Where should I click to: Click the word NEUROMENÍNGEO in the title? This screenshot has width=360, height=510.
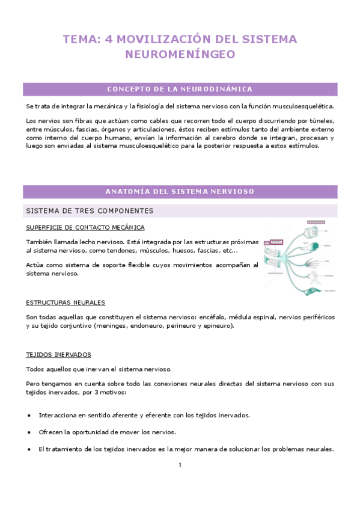(180, 55)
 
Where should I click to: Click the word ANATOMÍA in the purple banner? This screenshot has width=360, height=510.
(126, 191)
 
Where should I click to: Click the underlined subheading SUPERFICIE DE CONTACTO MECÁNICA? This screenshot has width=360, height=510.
(85, 227)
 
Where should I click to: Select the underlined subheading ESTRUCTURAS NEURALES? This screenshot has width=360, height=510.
(66, 303)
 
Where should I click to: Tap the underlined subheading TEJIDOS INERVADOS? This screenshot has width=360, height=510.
(58, 355)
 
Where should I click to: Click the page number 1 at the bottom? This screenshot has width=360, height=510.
(180, 465)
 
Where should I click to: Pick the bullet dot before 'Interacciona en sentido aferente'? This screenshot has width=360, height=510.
(30, 416)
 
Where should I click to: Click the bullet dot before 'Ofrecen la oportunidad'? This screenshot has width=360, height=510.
(30, 432)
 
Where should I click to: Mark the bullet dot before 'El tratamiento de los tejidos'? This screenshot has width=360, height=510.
(30, 449)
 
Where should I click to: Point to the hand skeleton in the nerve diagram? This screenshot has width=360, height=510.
(311, 263)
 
